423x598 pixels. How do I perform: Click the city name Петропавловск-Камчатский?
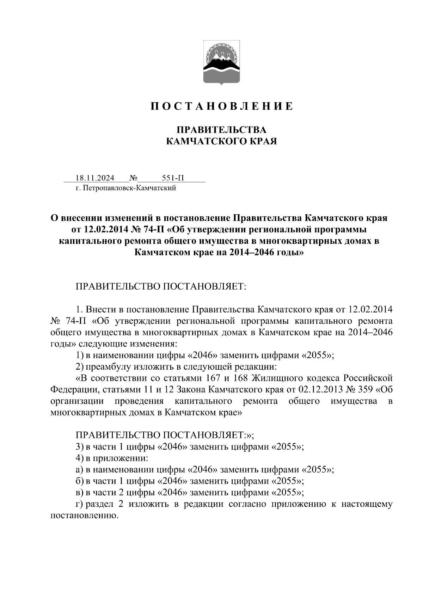(x=129, y=188)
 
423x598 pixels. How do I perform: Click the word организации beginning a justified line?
(x=77, y=401)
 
